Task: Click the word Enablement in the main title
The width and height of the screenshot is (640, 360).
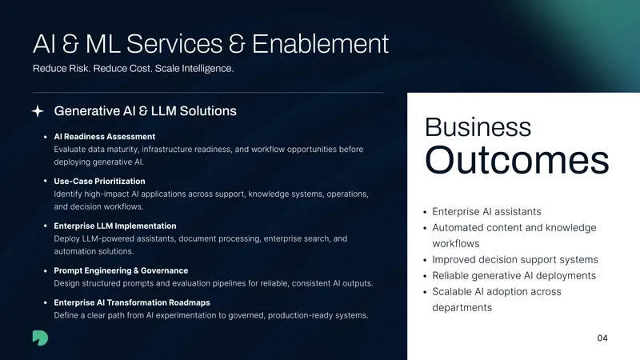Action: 320,44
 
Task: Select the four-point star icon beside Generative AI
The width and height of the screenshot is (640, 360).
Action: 38,111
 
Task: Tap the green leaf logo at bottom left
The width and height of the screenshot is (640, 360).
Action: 40,338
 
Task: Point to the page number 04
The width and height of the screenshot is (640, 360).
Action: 602,338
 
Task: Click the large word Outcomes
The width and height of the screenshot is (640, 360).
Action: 517,159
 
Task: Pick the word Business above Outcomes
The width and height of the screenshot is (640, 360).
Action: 478,127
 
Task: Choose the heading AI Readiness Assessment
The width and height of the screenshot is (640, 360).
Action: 105,137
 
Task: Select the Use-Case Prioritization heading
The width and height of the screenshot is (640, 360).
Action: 99,182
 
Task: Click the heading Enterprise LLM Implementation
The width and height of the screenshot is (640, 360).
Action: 115,226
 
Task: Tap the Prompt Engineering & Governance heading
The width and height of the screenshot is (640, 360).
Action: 121,270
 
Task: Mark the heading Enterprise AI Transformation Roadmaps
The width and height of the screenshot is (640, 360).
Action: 132,302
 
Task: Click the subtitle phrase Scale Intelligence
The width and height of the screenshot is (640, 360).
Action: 194,69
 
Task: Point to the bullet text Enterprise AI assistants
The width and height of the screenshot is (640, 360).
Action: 486,211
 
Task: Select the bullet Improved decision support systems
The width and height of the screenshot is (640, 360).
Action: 515,259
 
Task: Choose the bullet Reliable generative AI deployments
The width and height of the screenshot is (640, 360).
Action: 514,275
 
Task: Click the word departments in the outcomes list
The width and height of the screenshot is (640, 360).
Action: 462,308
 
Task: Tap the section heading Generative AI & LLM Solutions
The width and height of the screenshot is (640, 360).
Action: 146,111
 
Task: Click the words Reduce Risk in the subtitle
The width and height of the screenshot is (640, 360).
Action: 61,69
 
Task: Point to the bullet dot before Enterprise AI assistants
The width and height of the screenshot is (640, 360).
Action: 425,212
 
